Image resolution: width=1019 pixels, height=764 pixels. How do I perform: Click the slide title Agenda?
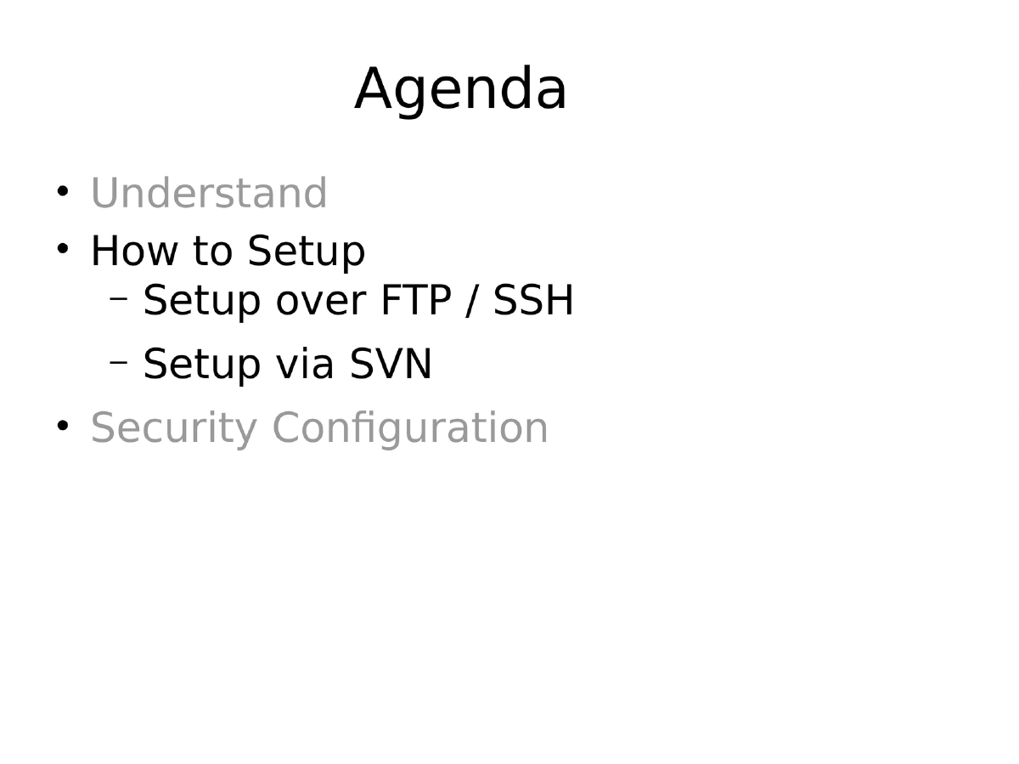coord(460,89)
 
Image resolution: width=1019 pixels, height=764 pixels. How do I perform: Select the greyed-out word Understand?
coord(209,194)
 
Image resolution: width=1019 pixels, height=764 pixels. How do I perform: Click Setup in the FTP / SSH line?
coord(202,301)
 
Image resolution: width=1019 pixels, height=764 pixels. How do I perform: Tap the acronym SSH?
coord(534,301)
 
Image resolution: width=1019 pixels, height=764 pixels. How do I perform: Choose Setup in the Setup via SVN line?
coord(202,365)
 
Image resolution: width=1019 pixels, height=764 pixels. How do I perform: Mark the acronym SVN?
coord(391,365)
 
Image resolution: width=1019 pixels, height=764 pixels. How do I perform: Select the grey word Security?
coord(173,428)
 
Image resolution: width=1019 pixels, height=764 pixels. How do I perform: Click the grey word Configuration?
coord(410,428)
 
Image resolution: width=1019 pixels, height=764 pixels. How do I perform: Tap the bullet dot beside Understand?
coord(63,190)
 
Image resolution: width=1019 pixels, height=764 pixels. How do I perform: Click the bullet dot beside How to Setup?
coord(63,249)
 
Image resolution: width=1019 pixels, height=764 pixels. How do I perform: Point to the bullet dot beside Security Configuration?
coord(63,425)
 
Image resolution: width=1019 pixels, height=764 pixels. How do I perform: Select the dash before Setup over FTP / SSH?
coord(119,298)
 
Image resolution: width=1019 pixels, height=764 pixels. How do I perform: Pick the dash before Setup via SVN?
coord(119,362)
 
